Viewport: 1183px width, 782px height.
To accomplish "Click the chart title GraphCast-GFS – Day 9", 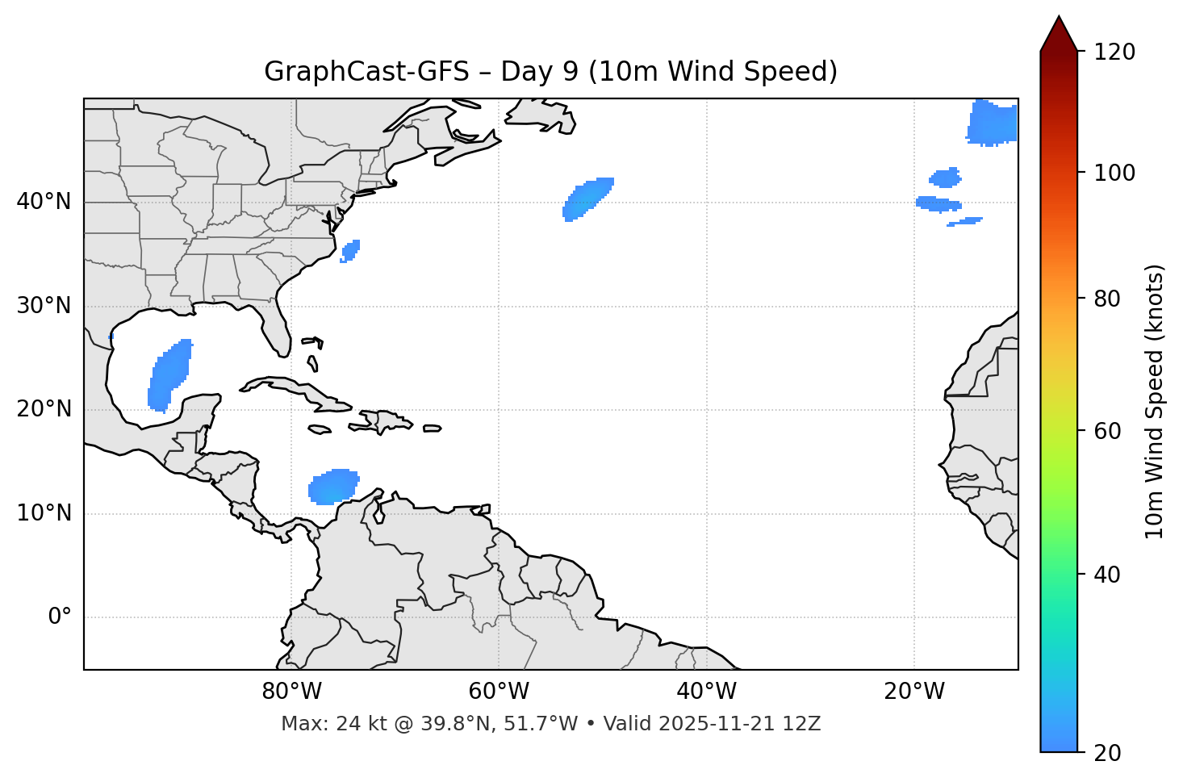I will point(550,72).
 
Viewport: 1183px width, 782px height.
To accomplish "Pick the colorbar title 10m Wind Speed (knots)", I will point(1155,401).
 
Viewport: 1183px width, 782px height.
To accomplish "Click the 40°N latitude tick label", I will point(44,202).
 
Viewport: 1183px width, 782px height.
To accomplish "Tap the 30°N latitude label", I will point(44,306).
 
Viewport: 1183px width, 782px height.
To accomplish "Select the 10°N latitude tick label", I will point(44,513).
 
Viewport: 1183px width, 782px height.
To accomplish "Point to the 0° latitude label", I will point(60,617).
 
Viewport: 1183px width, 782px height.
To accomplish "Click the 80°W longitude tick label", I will point(291,692).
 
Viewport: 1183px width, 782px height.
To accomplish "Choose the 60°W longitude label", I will point(499,692).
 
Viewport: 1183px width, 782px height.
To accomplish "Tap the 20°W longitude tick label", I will point(914,692).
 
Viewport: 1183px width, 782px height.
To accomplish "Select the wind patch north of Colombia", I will point(333,487).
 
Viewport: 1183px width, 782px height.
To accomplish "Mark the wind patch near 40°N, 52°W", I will point(587,199).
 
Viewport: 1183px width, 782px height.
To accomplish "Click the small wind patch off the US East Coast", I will point(350,250).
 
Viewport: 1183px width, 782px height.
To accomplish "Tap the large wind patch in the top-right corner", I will point(993,123).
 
